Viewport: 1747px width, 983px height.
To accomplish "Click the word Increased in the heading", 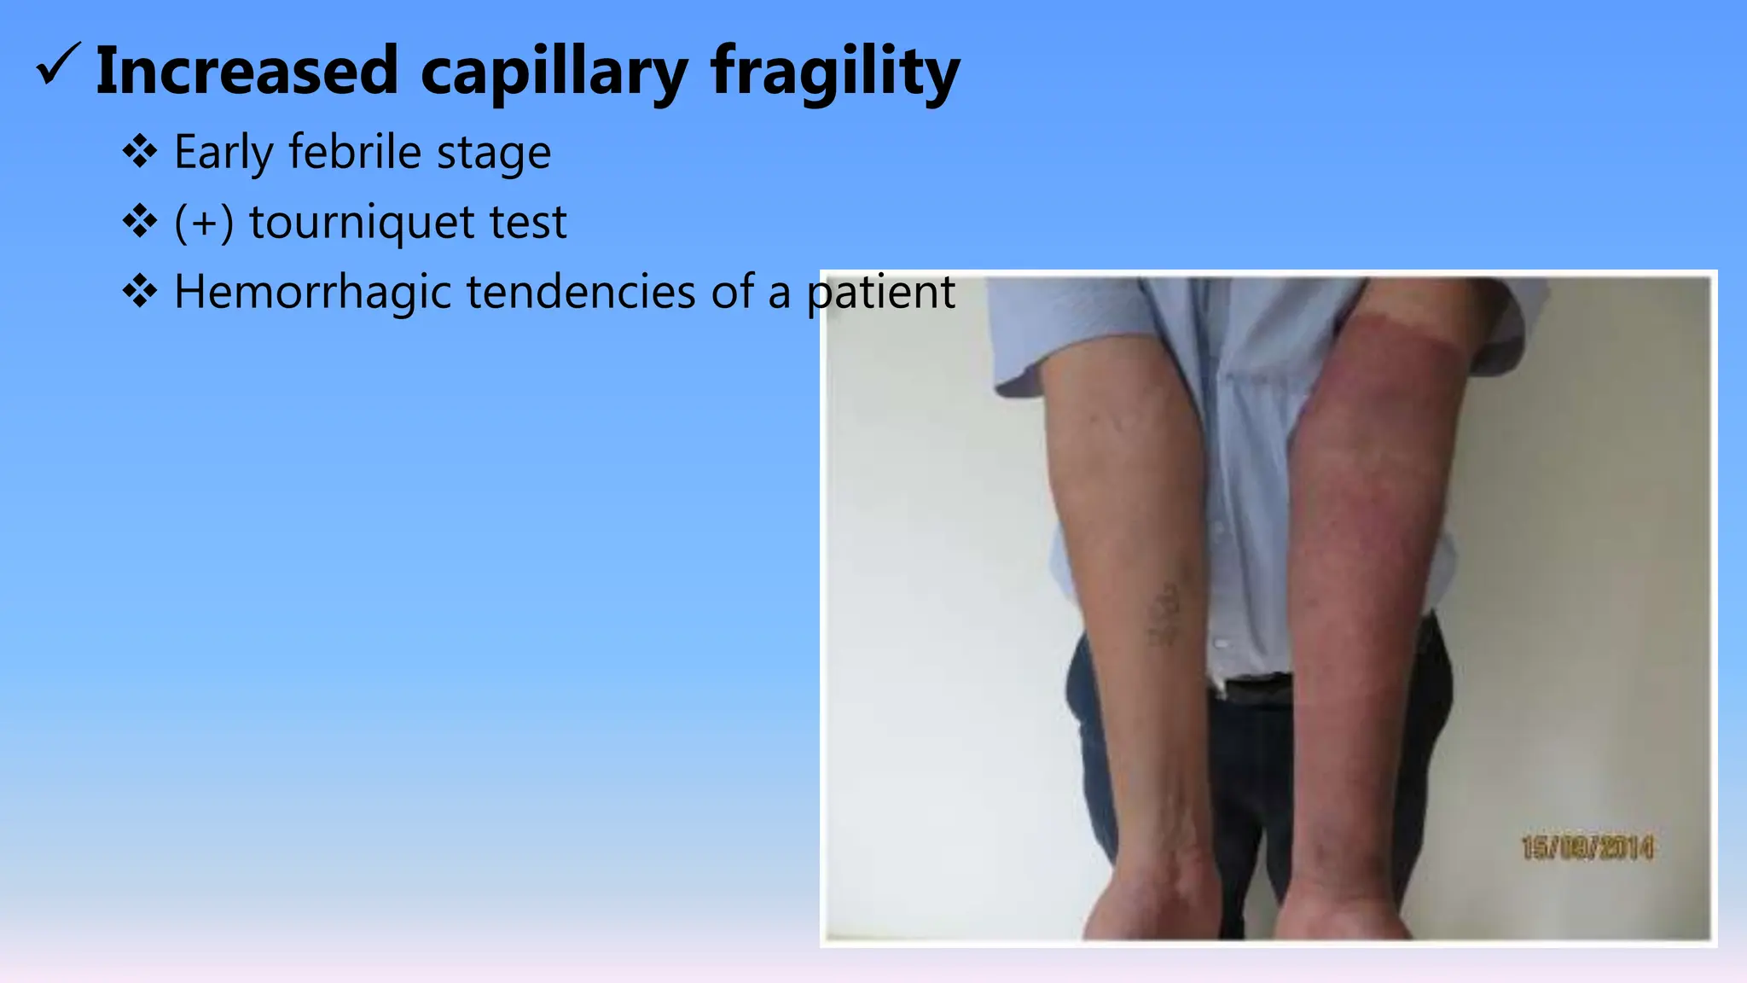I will pos(247,70).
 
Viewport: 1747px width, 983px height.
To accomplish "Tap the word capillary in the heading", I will pos(554,72).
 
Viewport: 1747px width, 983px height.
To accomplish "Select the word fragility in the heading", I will pos(836,72).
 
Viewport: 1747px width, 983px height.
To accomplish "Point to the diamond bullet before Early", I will pos(140,153).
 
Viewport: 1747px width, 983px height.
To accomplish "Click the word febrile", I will pos(355,153).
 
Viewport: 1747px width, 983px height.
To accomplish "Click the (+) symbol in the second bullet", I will pos(204,223).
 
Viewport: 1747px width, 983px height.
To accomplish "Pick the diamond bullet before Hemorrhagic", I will pos(140,292).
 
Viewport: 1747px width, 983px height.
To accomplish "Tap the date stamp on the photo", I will pos(1587,847).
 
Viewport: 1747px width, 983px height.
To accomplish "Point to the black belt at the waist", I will pos(1254,688).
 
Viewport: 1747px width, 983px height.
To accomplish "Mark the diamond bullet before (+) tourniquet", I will pos(140,223).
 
